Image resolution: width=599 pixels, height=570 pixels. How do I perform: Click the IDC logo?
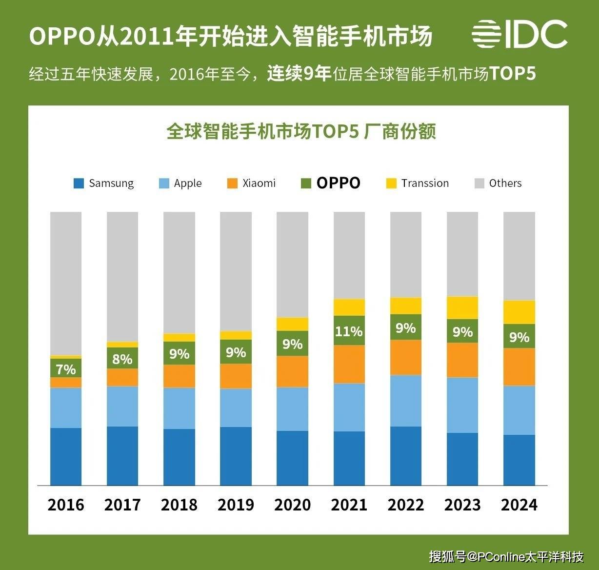(519, 34)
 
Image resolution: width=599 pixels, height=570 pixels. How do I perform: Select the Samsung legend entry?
(103, 183)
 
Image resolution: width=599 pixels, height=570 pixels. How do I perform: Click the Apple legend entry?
(180, 183)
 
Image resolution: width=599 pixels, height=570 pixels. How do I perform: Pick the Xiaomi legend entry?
(252, 183)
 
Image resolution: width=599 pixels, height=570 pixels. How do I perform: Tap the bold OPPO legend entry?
(331, 183)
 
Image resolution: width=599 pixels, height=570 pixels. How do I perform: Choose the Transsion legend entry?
(418, 183)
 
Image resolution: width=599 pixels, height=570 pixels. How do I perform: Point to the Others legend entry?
(498, 183)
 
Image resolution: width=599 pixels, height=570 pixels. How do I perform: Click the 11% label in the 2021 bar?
(349, 331)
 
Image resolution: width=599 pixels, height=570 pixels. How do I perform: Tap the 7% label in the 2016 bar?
(66, 369)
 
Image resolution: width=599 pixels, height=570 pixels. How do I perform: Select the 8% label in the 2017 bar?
(122, 359)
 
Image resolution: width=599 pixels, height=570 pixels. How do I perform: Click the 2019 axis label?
(236, 505)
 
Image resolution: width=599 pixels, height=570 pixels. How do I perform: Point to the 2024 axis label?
(519, 505)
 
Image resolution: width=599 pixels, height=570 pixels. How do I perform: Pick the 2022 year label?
(406, 505)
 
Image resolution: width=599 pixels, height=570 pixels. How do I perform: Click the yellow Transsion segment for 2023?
(462, 308)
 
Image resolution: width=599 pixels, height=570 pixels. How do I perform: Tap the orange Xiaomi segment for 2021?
(349, 364)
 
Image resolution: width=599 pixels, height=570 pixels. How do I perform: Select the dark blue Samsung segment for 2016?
(66, 456)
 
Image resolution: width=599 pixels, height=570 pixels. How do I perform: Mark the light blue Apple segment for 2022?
(406, 401)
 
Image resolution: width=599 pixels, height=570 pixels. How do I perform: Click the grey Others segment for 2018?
(179, 272)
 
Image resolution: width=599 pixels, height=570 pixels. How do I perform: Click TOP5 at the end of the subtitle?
(513, 74)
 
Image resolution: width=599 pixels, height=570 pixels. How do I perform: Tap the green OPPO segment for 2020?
(292, 344)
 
